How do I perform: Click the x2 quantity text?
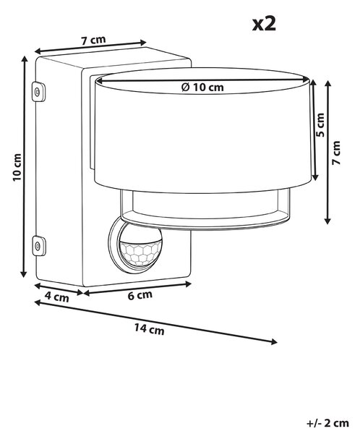(x=264, y=24)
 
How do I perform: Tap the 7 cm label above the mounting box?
(x=93, y=40)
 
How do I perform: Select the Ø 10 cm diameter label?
(x=202, y=88)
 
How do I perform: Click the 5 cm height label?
(x=320, y=125)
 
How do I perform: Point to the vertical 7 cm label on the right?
(x=336, y=153)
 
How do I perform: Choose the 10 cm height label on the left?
(x=17, y=167)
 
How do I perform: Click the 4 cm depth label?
(x=56, y=297)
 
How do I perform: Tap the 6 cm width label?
(x=140, y=295)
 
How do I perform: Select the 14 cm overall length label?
(x=150, y=330)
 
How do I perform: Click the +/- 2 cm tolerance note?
(x=327, y=423)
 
